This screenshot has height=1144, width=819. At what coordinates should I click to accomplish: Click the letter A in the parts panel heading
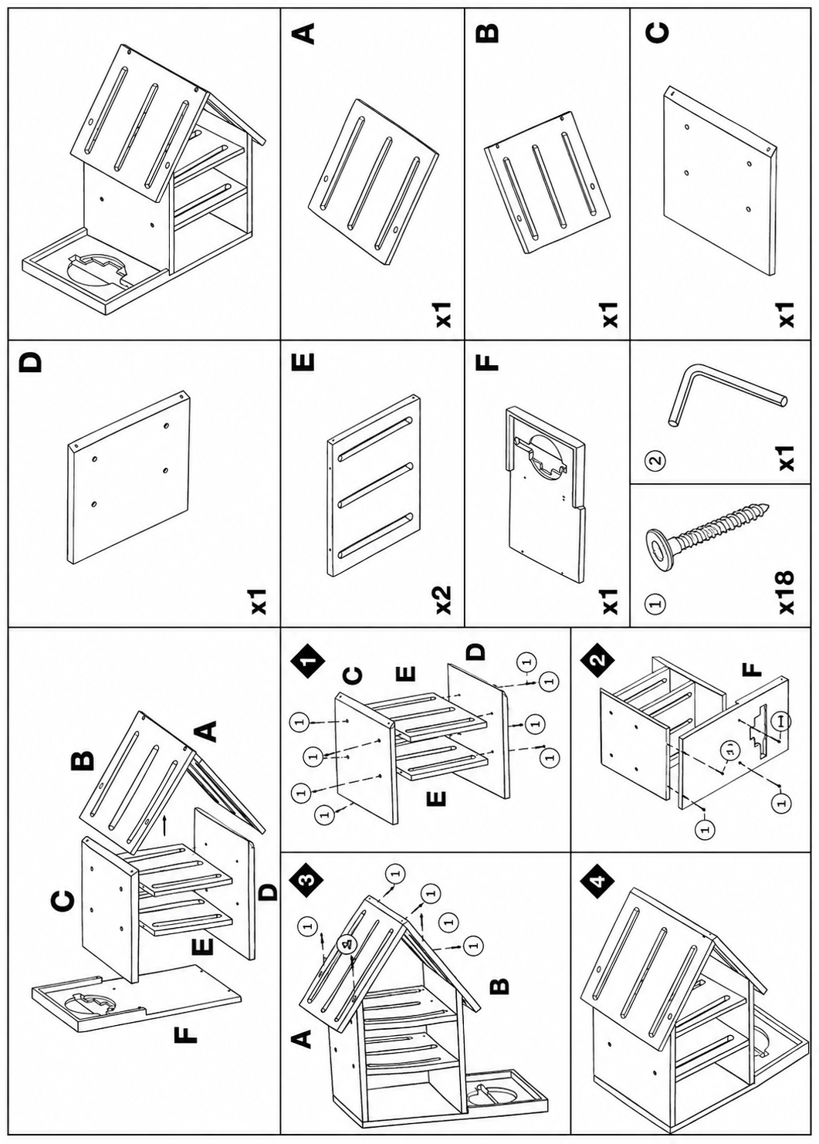tap(306, 35)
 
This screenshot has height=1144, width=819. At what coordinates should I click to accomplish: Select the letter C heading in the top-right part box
tap(658, 33)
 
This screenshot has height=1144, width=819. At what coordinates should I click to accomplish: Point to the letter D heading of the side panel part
tap(28, 363)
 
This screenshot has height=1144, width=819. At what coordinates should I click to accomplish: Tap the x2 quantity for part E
tap(442, 600)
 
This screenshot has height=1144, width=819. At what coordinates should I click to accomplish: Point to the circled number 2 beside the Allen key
tap(657, 460)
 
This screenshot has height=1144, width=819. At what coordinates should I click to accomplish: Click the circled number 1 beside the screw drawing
tap(657, 603)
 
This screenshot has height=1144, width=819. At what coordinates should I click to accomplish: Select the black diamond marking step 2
tap(597, 658)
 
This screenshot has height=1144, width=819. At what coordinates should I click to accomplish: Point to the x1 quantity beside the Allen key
tap(787, 458)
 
